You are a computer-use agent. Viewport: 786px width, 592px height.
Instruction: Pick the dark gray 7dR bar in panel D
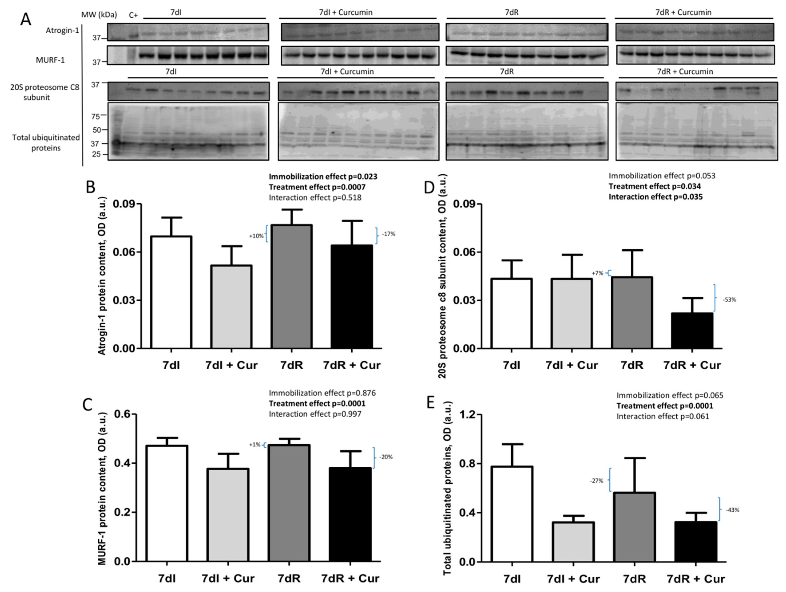click(632, 312)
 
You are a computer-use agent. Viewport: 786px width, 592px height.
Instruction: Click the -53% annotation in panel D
click(729, 300)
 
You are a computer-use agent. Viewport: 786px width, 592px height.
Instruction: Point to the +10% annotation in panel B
click(256, 236)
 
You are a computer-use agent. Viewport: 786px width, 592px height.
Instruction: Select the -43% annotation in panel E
click(732, 510)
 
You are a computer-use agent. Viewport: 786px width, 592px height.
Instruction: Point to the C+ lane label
click(133, 15)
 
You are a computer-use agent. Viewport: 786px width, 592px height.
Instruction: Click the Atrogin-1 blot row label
click(62, 31)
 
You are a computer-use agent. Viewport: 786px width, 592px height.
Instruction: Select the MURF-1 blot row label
click(50, 60)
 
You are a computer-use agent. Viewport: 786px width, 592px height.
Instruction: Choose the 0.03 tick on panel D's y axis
click(464, 300)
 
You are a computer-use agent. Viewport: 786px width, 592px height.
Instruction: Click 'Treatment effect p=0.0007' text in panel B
click(317, 187)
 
